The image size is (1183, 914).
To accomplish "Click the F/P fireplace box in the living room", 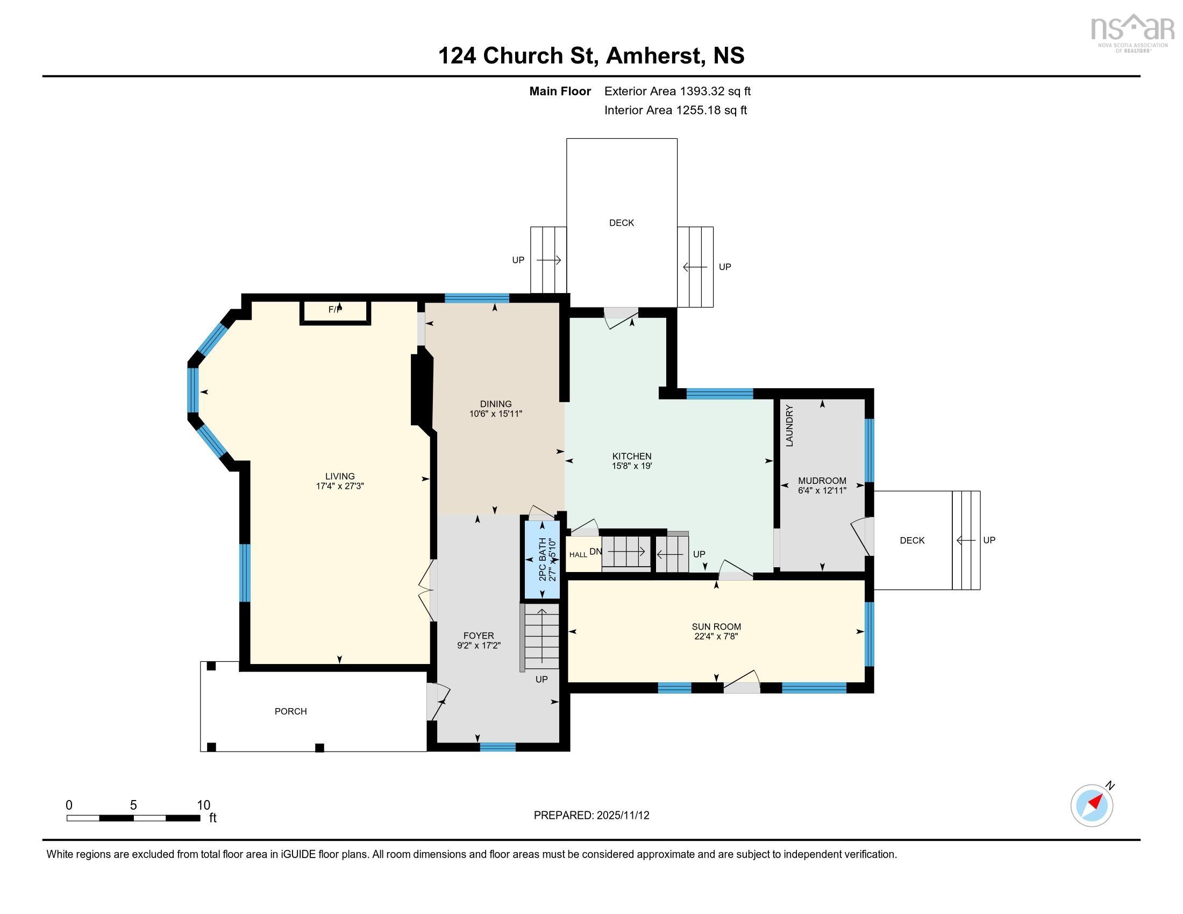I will coord(336,311).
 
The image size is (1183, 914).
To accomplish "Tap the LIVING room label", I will coord(340,476).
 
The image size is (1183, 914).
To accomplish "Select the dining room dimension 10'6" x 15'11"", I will coord(495,413).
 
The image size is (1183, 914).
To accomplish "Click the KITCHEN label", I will coord(632,456).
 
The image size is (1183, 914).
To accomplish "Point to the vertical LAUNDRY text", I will coord(789,426).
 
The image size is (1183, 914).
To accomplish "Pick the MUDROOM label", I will coord(822,481).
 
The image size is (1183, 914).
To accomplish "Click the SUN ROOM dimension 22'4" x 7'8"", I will coord(716,636).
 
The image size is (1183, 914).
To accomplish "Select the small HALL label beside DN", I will coord(578,554).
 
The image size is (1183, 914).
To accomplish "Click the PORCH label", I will coord(290,711).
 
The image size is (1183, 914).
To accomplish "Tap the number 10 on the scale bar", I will coord(203,805).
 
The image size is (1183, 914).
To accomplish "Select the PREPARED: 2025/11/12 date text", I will coord(591,815).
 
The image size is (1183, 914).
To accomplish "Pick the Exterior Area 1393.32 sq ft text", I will coord(677,91).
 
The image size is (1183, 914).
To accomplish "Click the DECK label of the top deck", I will coord(621,223).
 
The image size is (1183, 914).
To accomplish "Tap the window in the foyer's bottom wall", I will coord(497,747).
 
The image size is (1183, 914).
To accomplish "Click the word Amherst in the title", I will coord(655,55).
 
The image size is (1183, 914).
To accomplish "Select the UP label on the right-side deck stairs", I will coord(989,540).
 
